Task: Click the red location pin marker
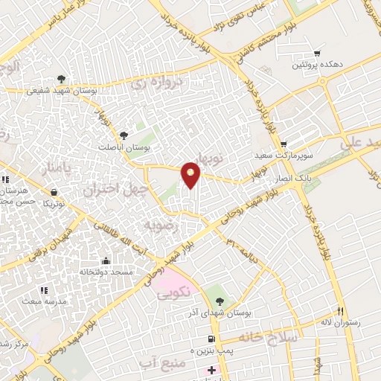click(x=191, y=175)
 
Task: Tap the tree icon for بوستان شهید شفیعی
click(x=61, y=80)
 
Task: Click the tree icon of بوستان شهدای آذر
click(x=220, y=301)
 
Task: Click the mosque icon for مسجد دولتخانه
click(x=106, y=261)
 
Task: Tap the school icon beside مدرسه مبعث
click(x=43, y=289)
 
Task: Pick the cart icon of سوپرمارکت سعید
click(x=284, y=144)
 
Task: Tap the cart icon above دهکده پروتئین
click(x=318, y=54)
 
